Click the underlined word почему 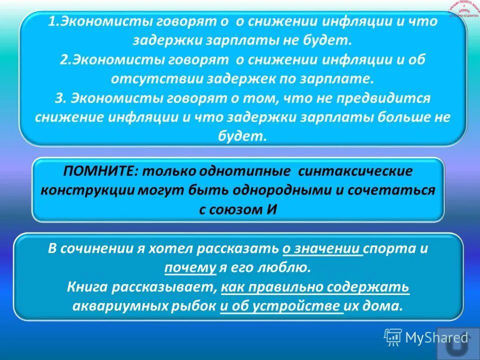click(190, 267)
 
